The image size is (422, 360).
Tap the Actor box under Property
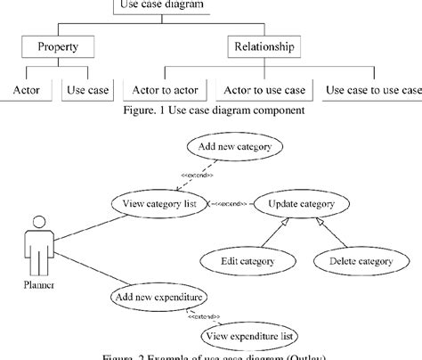point(26,90)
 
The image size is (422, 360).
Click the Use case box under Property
point(87,90)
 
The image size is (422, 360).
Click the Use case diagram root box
point(162,5)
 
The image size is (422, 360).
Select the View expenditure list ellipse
point(250,335)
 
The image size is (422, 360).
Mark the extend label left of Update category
point(231,204)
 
